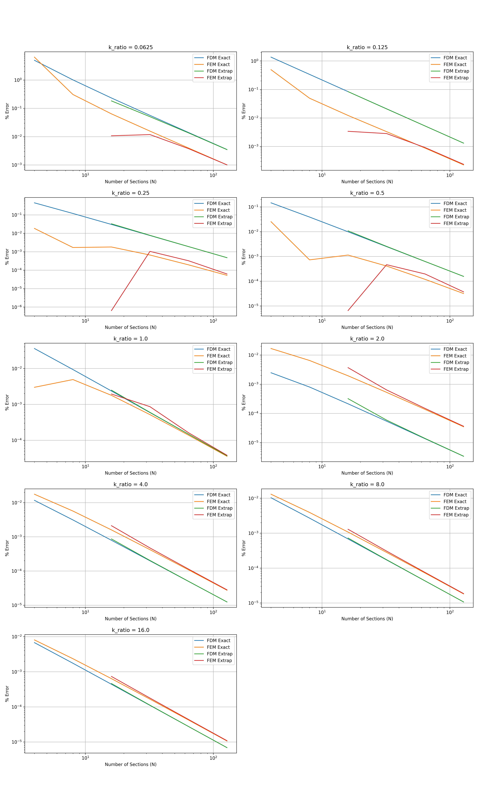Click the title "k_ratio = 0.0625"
click(130, 47)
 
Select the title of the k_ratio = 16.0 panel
click(130, 630)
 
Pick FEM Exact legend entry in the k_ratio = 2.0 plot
click(455, 356)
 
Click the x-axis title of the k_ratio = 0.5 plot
click(367, 327)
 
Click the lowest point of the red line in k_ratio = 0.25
click(111, 311)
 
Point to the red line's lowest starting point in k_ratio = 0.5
click(348, 311)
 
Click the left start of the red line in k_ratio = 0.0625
click(111, 136)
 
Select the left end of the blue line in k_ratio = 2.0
click(271, 373)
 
